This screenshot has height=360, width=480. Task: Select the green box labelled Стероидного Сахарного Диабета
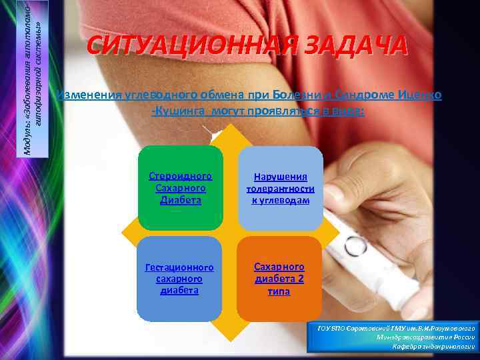[181, 187]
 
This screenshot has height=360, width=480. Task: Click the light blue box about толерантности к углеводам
[280, 187]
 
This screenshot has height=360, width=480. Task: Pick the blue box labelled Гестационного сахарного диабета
[179, 279]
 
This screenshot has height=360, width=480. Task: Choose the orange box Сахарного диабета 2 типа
[279, 279]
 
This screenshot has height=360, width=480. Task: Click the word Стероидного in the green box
[181, 177]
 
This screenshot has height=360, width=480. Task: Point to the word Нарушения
[280, 177]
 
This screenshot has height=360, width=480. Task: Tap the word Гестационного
[179, 267]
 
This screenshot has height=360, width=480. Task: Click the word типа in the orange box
[279, 291]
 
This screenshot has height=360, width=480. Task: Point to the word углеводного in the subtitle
[152, 95]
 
